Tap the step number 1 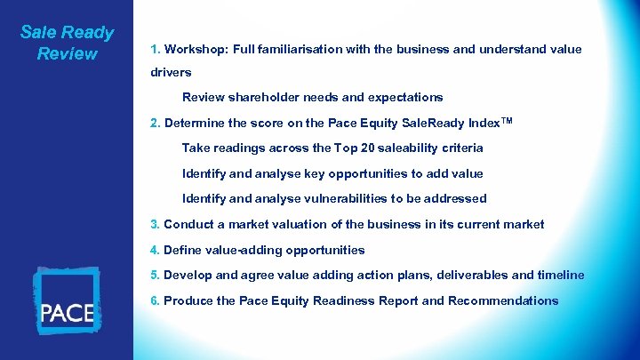(155, 49)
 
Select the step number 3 (155, 225)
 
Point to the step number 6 (155, 300)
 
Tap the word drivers (171, 72)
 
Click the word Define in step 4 (184, 250)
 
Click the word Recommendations (503, 300)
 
